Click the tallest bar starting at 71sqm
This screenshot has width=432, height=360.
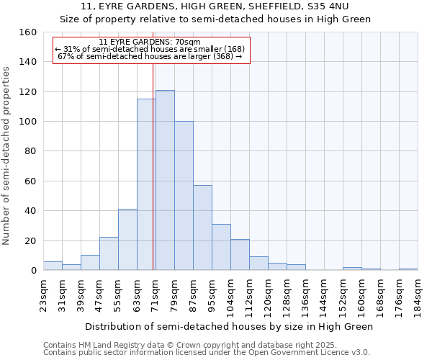click(x=165, y=180)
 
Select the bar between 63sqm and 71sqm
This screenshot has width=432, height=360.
click(x=146, y=184)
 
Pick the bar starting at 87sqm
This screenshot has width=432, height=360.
click(x=202, y=228)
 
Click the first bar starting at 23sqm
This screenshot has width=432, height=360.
click(x=53, y=266)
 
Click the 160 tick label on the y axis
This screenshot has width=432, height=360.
click(x=28, y=32)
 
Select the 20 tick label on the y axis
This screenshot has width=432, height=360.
click(x=31, y=240)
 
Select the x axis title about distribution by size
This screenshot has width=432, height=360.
click(x=229, y=326)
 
